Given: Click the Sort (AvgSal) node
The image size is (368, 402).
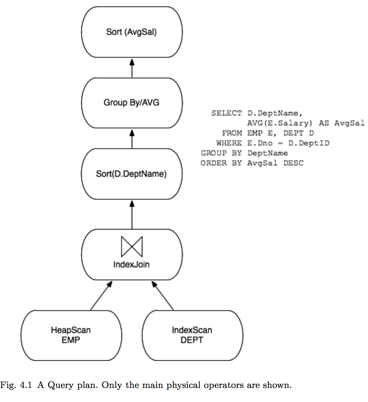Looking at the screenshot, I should pyautogui.click(x=132, y=32).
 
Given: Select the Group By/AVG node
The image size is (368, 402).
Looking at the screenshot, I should pyautogui.click(x=132, y=103).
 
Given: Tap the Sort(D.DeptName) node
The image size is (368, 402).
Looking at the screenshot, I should pyautogui.click(x=132, y=174).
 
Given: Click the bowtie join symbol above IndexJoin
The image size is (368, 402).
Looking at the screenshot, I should pyautogui.click(x=132, y=246).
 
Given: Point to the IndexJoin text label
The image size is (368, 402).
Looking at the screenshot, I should pyautogui.click(x=131, y=264).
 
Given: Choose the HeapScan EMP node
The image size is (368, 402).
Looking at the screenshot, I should pyautogui.click(x=71, y=335).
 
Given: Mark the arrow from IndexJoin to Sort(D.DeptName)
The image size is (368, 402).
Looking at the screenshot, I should pyautogui.click(x=132, y=215).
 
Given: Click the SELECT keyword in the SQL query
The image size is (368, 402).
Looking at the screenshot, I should pyautogui.click(x=226, y=113).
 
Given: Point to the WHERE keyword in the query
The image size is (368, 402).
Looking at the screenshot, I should pyautogui.click(x=229, y=143).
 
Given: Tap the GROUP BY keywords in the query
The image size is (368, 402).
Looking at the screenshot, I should pyautogui.click(x=221, y=153).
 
